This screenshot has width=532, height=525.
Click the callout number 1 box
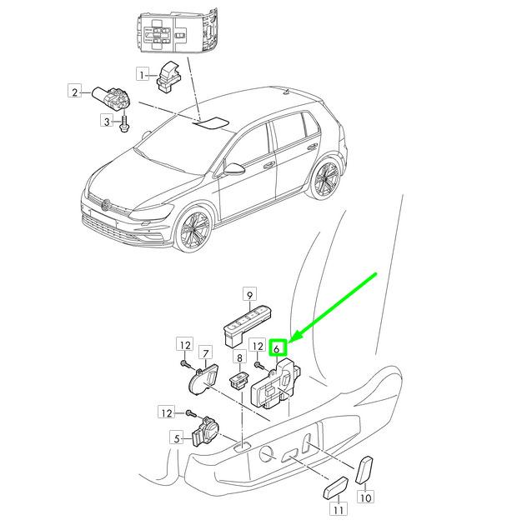(x=143, y=74)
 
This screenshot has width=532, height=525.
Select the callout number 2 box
(x=75, y=91)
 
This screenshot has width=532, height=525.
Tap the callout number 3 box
(x=107, y=121)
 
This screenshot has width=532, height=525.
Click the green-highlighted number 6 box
(x=279, y=347)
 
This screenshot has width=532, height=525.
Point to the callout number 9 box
(x=249, y=294)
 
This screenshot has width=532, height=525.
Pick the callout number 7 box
(x=206, y=353)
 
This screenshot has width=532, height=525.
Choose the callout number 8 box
(x=239, y=357)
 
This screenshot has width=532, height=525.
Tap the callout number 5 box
(x=177, y=437)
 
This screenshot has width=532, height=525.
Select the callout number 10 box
(x=365, y=497)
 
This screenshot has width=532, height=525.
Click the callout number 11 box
(x=339, y=508)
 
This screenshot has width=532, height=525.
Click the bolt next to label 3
(x=124, y=123)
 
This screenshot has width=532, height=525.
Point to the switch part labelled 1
(x=169, y=76)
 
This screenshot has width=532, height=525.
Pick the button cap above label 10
(x=364, y=470)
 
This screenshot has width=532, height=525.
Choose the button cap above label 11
(x=335, y=487)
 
